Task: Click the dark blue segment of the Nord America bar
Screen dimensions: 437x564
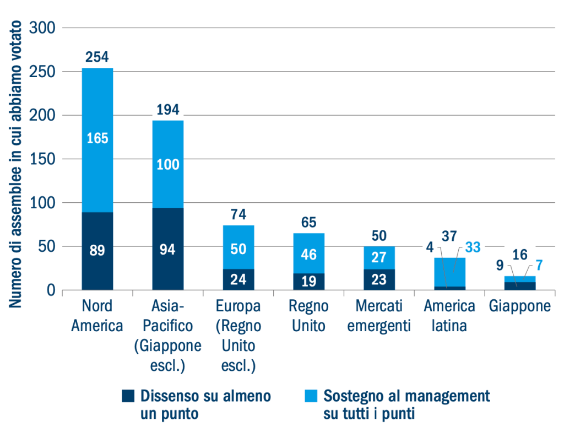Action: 97,251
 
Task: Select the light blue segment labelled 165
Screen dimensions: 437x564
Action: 97,139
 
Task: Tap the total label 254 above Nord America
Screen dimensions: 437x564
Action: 97,57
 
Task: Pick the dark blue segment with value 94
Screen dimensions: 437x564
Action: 167,249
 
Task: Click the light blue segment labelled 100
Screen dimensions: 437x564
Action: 167,164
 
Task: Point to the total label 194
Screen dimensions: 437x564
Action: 167,110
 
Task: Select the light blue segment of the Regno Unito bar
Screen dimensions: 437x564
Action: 308,253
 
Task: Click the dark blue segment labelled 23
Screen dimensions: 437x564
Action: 379,279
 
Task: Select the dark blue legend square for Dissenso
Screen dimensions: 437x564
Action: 128,396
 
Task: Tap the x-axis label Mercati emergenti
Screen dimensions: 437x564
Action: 379,316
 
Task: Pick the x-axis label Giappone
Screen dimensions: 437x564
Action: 520,306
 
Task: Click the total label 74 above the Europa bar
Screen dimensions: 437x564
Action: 238,214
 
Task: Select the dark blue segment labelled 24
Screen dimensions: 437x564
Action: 238,279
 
